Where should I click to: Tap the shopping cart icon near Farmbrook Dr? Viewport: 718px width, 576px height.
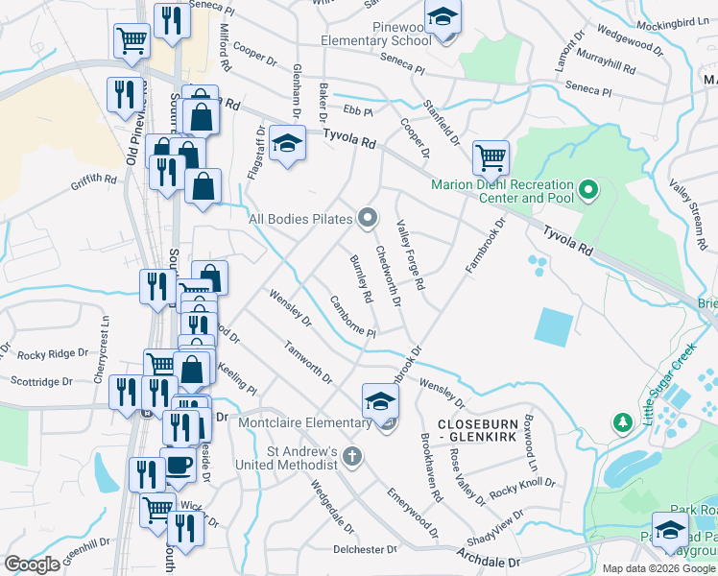[491, 156]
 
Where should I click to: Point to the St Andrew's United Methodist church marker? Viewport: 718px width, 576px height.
[352, 456]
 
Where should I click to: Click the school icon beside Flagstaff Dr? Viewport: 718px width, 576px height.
[286, 145]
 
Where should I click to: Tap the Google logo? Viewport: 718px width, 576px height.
[32, 564]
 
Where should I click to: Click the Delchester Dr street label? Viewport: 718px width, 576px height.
[365, 550]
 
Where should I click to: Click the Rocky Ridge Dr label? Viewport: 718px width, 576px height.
[44, 354]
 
